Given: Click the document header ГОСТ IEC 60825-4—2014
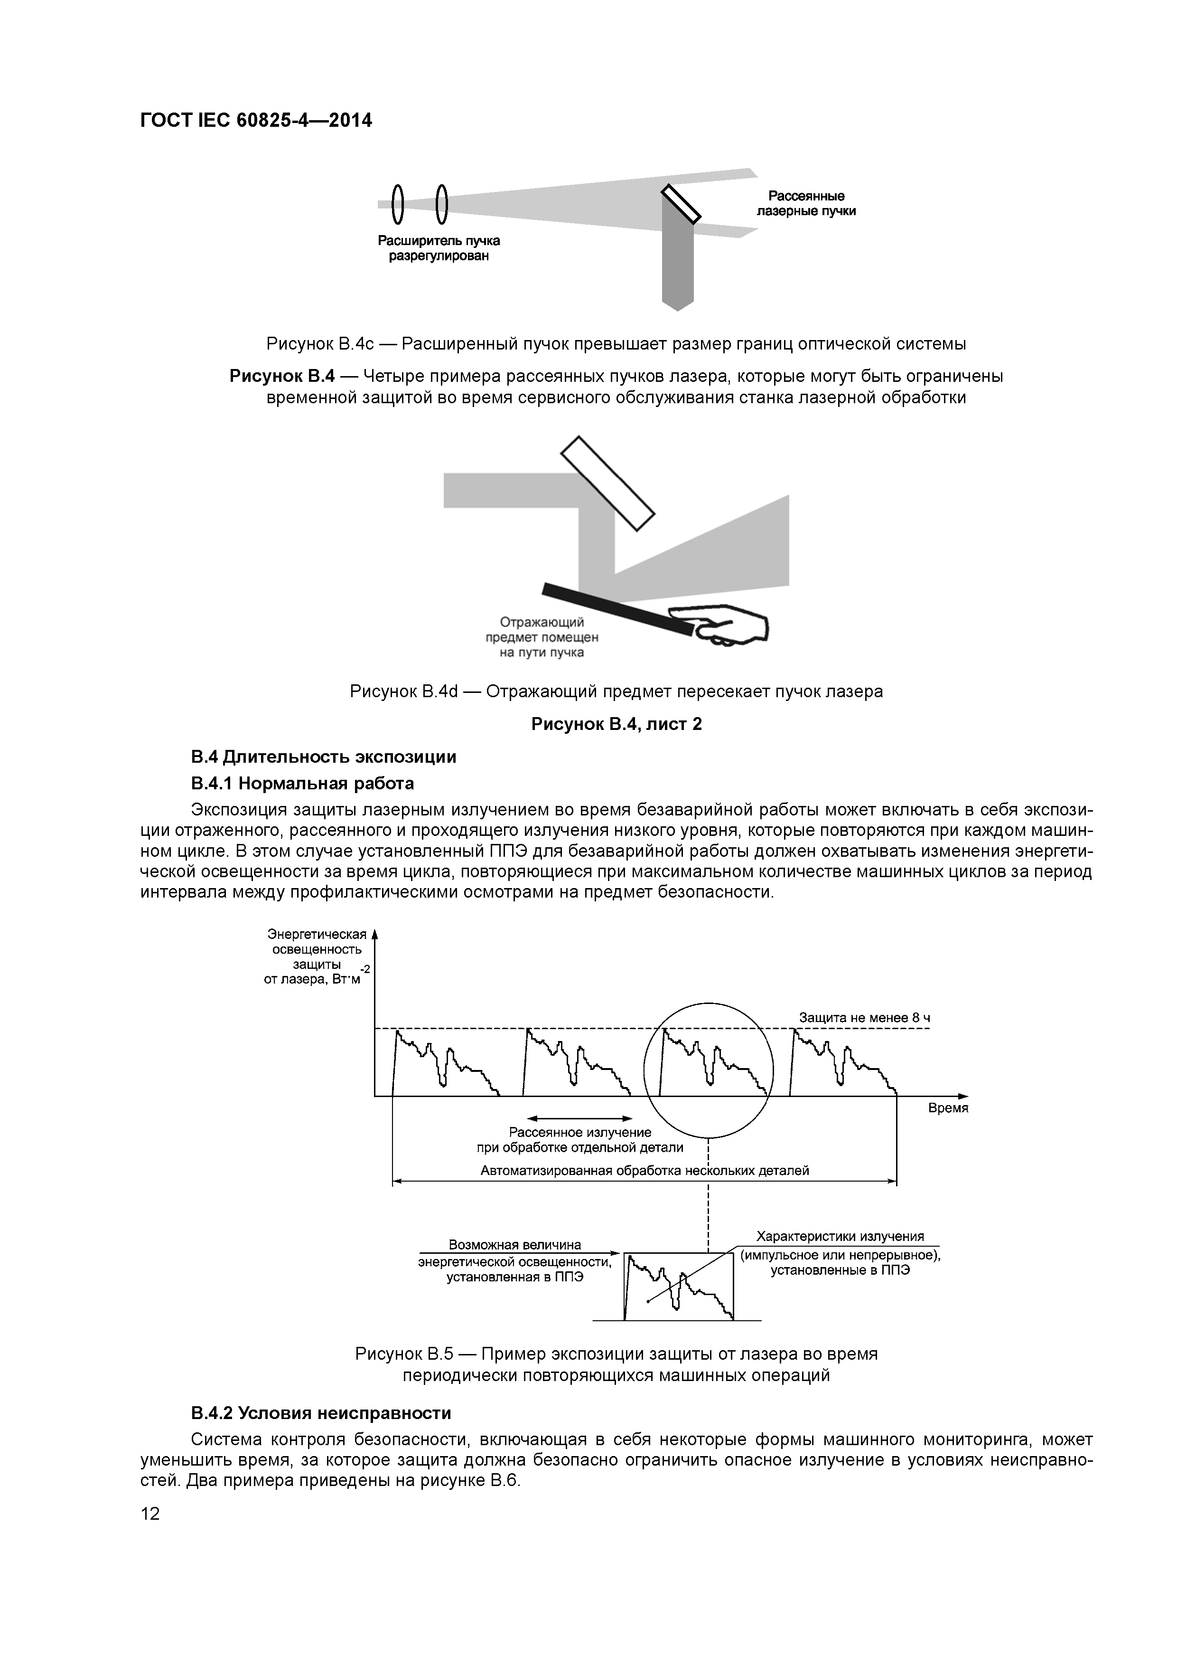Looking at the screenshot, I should click(256, 121).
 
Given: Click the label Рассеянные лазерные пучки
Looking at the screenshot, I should click(806, 204).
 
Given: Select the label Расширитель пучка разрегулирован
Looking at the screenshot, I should click(439, 248).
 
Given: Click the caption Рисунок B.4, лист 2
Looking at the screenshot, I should click(617, 724).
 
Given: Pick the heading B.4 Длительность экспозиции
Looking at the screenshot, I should click(324, 757).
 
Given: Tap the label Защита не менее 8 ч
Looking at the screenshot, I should click(864, 1017).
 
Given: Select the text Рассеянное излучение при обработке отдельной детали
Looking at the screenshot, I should click(579, 1139).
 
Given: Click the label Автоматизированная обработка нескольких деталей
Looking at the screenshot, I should click(644, 1170).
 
